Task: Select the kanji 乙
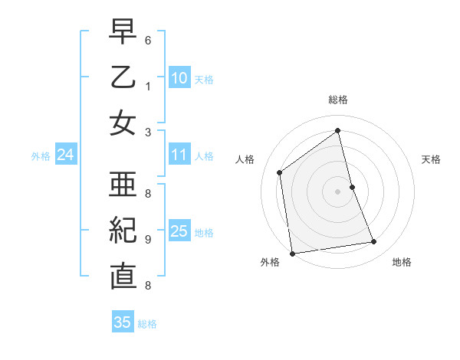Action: pyautogui.click(x=123, y=78)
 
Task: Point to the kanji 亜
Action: pyautogui.click(x=123, y=184)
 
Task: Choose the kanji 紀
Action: pyautogui.click(x=123, y=230)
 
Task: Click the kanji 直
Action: pyautogui.click(x=123, y=276)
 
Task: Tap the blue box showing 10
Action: pyautogui.click(x=179, y=78)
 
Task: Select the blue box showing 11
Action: pyautogui.click(x=179, y=155)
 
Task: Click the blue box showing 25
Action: pyautogui.click(x=179, y=231)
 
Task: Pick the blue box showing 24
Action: pyautogui.click(x=65, y=155)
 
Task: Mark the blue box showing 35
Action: pyautogui.click(x=123, y=322)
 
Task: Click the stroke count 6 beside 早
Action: pyautogui.click(x=147, y=39)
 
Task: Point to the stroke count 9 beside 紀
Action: pyautogui.click(x=147, y=240)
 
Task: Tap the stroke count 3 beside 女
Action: pyautogui.click(x=147, y=131)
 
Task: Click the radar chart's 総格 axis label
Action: pyautogui.click(x=338, y=100)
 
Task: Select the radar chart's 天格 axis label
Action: pyautogui.click(x=431, y=159)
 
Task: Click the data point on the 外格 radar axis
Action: pyautogui.click(x=292, y=253)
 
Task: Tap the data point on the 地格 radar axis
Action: pyautogui.click(x=374, y=242)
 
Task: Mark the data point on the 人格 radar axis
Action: pyautogui.click(x=280, y=172)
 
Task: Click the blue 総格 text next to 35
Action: pyautogui.click(x=147, y=324)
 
